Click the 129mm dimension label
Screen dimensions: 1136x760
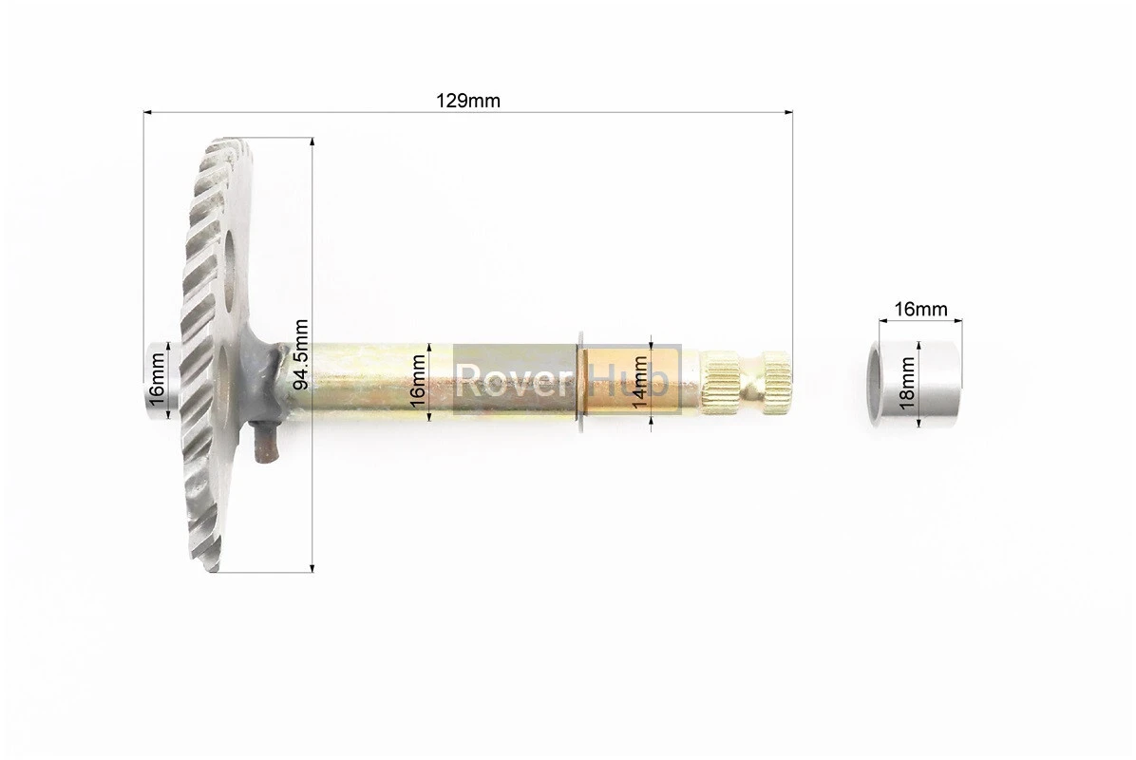[x=467, y=101]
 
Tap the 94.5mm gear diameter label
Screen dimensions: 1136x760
[x=302, y=354]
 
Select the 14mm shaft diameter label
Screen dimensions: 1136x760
[x=639, y=382]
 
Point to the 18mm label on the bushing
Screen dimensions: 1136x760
[x=906, y=383]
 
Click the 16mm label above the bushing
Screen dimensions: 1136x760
[x=920, y=310]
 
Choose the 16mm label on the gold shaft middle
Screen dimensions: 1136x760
[x=417, y=382]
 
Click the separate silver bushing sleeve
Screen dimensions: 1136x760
[x=915, y=385]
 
